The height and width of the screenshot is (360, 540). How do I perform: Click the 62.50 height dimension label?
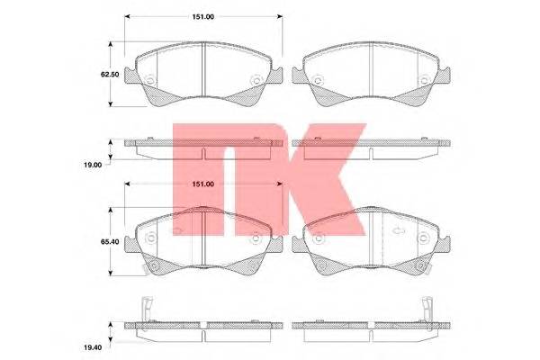click(x=110, y=75)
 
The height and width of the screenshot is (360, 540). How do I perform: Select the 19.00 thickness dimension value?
click(x=93, y=165)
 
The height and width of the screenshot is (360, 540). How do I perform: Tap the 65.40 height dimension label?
click(x=110, y=242)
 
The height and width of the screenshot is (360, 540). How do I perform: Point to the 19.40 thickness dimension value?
click(x=93, y=347)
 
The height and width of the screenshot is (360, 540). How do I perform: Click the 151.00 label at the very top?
click(x=202, y=17)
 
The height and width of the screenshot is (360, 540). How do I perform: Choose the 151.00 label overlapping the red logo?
click(x=202, y=184)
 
